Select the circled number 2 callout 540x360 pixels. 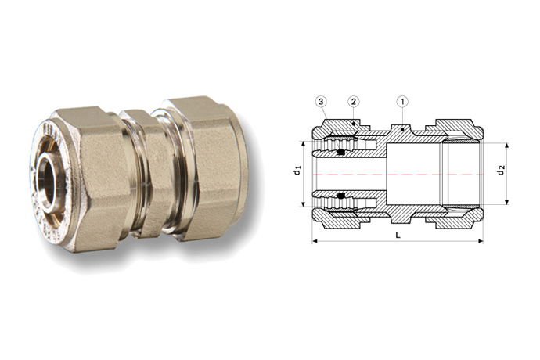[x=354, y=102]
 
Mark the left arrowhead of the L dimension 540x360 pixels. [x=315, y=241]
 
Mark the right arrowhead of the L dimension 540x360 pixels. [x=481, y=241]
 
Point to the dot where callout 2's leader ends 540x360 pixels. [x=353, y=123]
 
